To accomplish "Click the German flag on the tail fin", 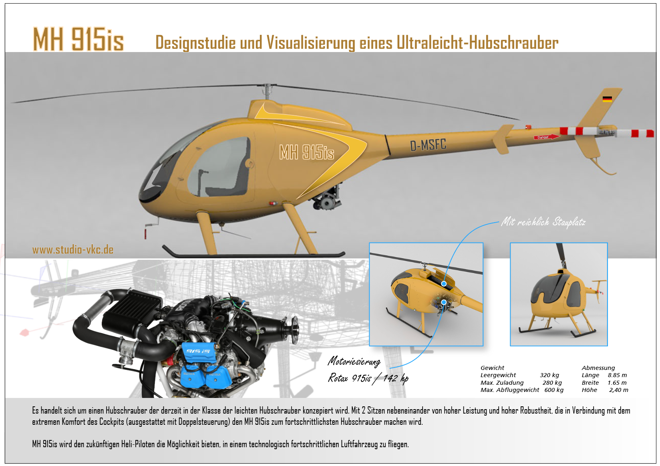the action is [x=607, y=99].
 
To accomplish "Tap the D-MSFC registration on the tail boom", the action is [x=428, y=145].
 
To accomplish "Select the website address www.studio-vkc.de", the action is [x=73, y=250].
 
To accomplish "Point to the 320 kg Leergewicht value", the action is [x=549, y=375].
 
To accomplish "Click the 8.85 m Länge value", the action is [x=617, y=375].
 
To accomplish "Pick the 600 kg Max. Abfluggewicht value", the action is [x=554, y=390].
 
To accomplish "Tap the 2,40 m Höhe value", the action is [x=619, y=390].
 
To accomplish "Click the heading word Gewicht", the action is [x=492, y=368].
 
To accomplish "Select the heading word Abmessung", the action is [x=598, y=368].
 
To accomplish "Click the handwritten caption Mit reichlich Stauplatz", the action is [x=543, y=222].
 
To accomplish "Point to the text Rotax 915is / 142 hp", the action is [x=368, y=378].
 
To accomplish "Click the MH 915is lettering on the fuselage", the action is [x=307, y=153].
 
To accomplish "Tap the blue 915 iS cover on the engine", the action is [x=198, y=352].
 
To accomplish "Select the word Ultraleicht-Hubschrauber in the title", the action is [x=477, y=43].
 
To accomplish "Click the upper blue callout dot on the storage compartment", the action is [x=444, y=284].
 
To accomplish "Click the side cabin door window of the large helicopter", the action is [x=219, y=167].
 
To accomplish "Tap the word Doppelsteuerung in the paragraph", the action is [x=203, y=422].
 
